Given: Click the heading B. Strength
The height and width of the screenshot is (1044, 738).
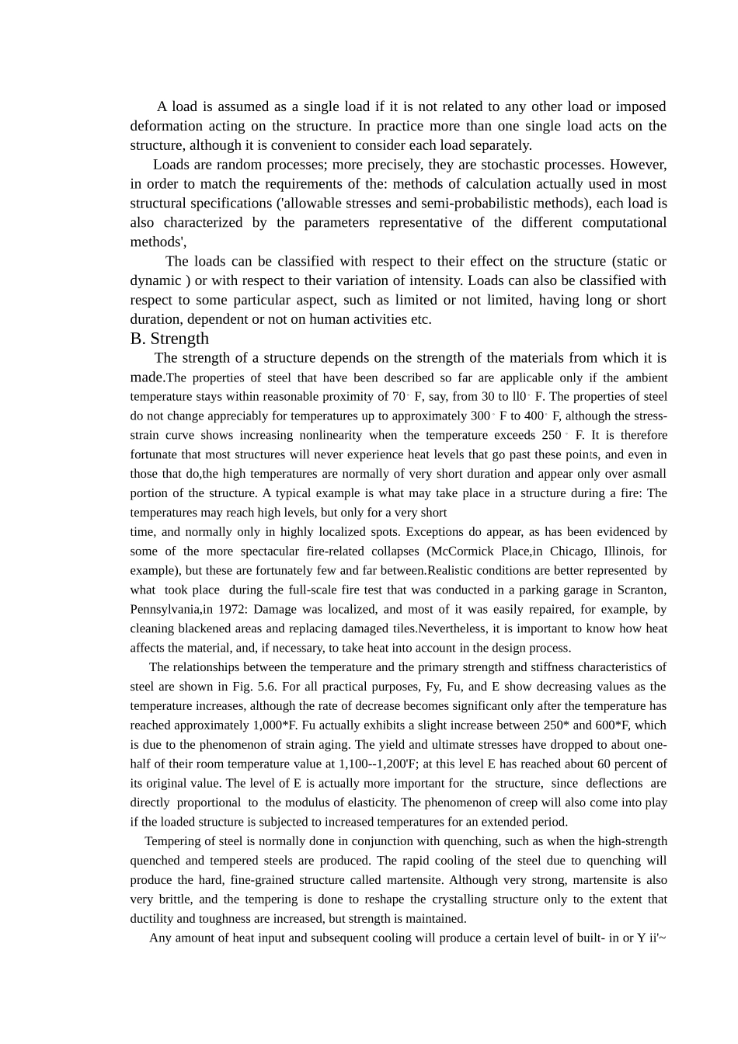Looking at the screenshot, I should tap(169, 339).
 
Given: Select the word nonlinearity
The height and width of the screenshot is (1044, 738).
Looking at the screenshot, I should tap(325, 435).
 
